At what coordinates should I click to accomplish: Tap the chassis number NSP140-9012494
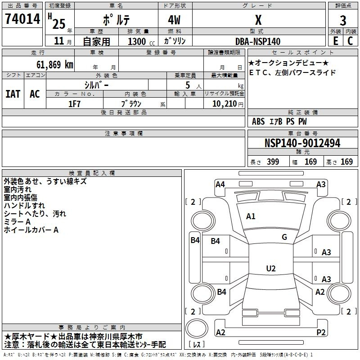302,143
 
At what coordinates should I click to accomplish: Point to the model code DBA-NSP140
258,41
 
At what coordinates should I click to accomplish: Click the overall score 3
343,20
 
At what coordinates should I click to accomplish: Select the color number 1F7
74,103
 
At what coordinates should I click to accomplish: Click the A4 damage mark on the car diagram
220,184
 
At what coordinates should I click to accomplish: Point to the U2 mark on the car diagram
270,269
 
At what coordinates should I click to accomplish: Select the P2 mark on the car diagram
321,332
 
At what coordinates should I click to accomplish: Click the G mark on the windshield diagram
284,237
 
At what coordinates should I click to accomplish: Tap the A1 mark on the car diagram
251,216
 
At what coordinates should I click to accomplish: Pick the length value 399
272,162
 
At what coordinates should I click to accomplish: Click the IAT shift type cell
13,94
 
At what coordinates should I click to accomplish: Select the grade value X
258,20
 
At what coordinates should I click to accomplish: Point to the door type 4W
175,20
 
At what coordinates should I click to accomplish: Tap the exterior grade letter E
335,41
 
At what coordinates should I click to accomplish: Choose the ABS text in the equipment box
258,121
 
